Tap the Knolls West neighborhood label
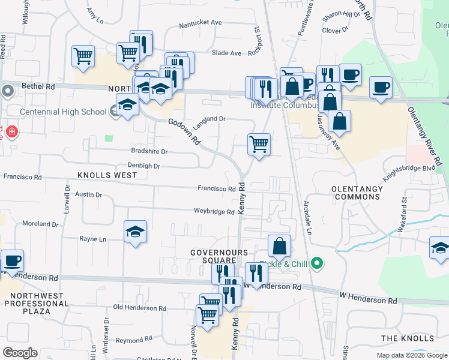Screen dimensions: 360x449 [x=107, y=175]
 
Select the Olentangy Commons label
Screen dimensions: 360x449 [x=357, y=193]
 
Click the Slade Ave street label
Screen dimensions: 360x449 [x=226, y=53]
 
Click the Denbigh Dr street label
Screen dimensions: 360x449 [x=143, y=166]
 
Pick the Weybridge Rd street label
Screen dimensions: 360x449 [x=214, y=211]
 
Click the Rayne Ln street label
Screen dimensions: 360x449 [x=92, y=239]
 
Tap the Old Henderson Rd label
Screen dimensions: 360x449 [x=134, y=307]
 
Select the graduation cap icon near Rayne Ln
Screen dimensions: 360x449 [x=135, y=232]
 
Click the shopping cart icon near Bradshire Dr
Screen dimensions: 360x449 [x=259, y=144]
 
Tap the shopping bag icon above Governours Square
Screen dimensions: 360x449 [x=279, y=245]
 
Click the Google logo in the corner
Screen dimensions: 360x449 [x=20, y=353]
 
